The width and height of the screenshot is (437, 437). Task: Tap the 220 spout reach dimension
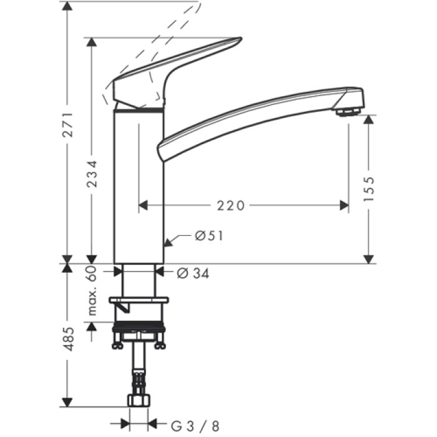coord(230,205)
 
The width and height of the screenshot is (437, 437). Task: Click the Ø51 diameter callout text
coord(209,236)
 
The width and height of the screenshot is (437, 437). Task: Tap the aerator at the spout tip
coord(347,112)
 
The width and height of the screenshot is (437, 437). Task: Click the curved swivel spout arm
coord(250,115)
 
